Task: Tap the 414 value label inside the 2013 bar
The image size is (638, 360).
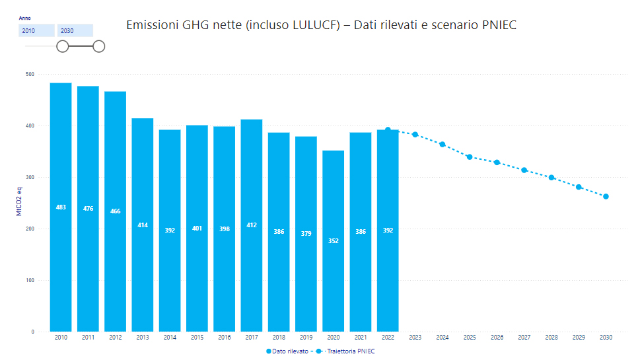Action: pos(143,225)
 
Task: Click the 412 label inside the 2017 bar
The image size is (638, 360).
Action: pos(252,225)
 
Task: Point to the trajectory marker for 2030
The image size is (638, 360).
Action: pos(606,196)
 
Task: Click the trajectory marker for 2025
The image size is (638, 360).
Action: pos(470,157)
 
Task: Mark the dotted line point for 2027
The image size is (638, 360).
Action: pos(524,170)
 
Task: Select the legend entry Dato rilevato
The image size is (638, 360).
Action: pos(289,351)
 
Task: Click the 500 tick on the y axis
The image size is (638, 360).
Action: pos(30,74)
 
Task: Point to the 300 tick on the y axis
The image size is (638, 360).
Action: pos(30,177)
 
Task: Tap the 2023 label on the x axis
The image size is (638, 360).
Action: pos(415,338)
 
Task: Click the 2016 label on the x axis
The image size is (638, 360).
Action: pos(225,338)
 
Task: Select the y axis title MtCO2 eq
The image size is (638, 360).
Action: pos(19,202)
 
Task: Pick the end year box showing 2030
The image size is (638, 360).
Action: pos(75,30)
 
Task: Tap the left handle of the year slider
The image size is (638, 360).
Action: pos(62,46)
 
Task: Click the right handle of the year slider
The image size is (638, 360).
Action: pos(99,46)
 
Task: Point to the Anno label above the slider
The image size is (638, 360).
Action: pos(25,18)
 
